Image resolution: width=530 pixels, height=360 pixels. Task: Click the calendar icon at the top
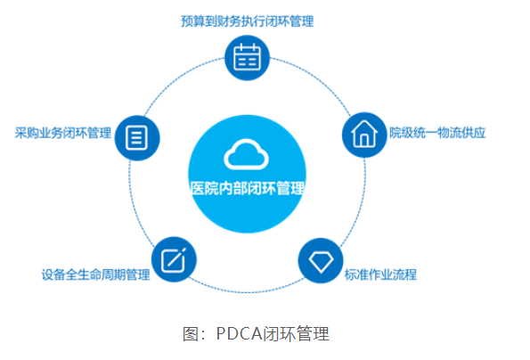click(x=247, y=58)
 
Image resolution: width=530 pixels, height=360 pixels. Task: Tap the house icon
click(x=364, y=134)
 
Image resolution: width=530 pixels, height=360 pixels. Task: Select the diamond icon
click(x=321, y=262)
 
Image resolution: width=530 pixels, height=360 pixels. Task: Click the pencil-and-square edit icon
click(x=174, y=260)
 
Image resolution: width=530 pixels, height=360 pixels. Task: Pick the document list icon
click(x=136, y=137)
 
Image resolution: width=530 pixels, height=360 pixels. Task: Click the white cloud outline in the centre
click(x=246, y=154)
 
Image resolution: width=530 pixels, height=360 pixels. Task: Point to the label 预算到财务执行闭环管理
click(x=248, y=21)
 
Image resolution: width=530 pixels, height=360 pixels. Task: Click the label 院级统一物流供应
click(x=437, y=133)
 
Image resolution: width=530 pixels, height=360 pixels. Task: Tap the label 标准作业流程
click(x=380, y=274)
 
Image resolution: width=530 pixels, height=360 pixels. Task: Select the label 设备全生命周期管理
click(x=95, y=274)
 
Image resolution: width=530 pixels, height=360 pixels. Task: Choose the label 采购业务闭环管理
click(x=63, y=133)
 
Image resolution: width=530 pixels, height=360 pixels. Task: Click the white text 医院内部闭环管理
click(x=248, y=188)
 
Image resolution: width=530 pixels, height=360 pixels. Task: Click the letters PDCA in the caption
click(x=239, y=333)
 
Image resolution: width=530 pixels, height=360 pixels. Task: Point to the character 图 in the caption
click(x=190, y=333)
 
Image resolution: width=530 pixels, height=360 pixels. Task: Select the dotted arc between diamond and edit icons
click(x=247, y=291)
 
